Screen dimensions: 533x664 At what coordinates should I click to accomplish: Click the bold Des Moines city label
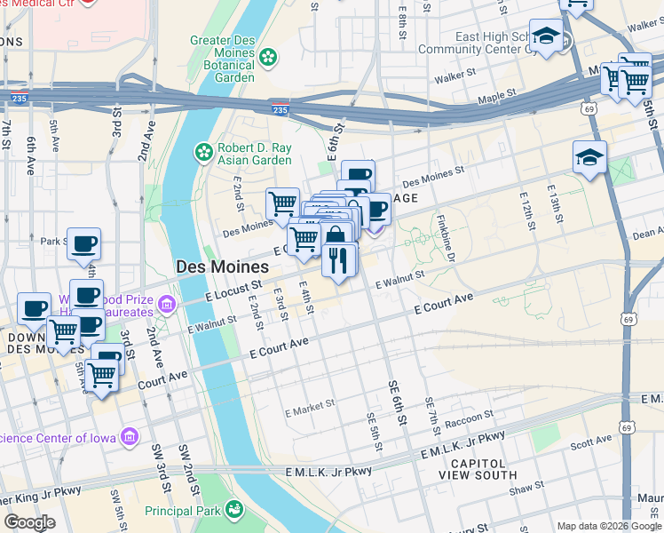tap(222, 266)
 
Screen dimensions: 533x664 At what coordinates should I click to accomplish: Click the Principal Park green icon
tap(234, 509)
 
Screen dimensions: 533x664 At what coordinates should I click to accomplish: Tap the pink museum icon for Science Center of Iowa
tap(130, 436)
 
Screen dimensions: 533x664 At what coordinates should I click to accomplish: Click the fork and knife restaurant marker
tap(338, 259)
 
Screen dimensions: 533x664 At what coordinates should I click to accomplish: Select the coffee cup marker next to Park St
tap(84, 244)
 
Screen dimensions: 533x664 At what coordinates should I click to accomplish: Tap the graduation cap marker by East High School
tap(547, 36)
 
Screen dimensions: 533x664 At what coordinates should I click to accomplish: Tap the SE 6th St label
tap(397, 401)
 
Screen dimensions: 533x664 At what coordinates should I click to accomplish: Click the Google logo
tap(29, 522)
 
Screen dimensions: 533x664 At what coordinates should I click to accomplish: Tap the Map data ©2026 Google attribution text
tap(609, 526)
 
